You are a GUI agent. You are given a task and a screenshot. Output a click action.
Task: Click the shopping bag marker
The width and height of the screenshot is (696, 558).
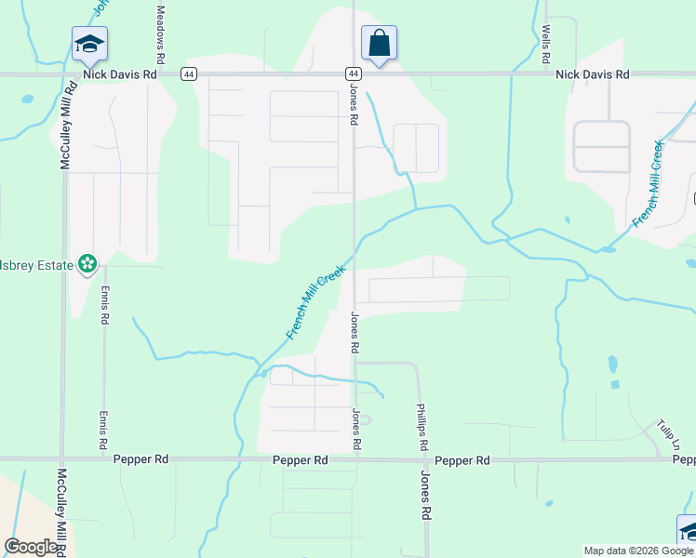point(379,43)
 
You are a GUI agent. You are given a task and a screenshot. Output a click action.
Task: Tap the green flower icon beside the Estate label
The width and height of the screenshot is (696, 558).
point(87,264)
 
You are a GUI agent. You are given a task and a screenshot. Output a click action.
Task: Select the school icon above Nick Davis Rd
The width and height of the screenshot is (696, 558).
point(89,44)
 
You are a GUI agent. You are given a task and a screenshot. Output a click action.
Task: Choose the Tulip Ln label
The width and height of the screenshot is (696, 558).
point(666,434)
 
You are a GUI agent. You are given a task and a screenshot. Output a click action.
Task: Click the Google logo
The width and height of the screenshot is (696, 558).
point(32,547)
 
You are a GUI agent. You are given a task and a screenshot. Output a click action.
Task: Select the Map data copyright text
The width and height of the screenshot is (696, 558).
point(639,551)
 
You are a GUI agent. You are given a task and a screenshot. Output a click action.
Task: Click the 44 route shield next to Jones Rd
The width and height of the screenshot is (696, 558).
point(354,73)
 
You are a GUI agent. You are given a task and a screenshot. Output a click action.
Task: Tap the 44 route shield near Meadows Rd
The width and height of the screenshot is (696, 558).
point(189,73)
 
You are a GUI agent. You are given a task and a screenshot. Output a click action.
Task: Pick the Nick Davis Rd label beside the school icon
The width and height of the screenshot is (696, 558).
point(120,73)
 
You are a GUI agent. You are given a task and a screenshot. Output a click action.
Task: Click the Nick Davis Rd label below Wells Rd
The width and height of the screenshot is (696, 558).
point(592,73)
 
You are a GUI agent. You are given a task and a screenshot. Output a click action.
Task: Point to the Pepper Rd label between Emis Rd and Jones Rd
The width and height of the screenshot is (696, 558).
point(301,460)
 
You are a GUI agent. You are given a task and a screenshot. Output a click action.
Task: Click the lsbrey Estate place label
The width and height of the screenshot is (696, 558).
point(36,265)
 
